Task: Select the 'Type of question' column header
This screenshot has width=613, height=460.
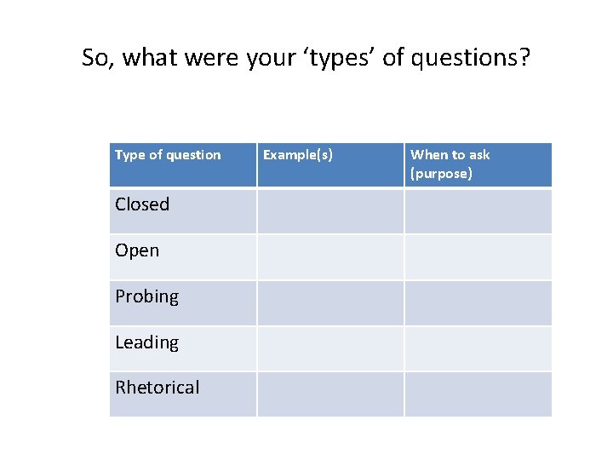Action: (168, 155)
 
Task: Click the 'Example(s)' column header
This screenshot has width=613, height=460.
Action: (298, 155)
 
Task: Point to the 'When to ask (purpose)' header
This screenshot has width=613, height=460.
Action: (450, 164)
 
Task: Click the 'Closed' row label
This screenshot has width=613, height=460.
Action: (142, 204)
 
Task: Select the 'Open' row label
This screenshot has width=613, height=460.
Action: (137, 250)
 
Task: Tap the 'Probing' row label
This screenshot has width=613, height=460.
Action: (147, 296)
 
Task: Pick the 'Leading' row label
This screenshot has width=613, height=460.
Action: (147, 342)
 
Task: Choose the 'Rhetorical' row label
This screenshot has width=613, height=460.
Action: (158, 388)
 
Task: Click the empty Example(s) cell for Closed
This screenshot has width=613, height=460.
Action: (330, 211)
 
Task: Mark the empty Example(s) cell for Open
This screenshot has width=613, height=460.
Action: (330, 257)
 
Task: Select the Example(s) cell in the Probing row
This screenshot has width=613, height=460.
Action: (330, 303)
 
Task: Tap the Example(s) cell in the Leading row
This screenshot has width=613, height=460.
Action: (330, 348)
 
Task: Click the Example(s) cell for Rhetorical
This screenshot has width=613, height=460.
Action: (330, 394)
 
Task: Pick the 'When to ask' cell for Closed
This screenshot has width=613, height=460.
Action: (478, 211)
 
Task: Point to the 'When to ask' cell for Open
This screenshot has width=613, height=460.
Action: (478, 257)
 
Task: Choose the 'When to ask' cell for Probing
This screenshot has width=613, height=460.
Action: (478, 303)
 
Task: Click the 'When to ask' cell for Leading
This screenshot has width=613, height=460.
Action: (478, 348)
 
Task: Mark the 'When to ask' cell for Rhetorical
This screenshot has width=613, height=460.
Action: (478, 394)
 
